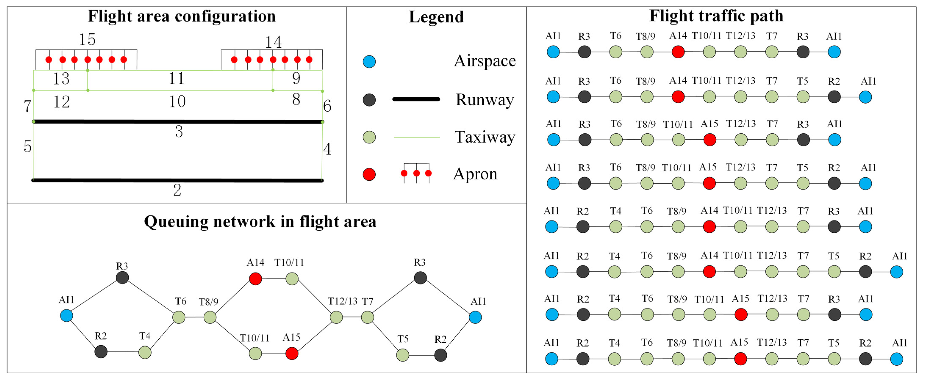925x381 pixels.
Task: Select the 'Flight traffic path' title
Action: click(716, 16)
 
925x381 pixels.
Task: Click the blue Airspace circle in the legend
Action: click(369, 62)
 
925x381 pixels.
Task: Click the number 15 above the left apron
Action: click(87, 40)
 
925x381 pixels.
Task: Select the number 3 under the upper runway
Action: click(179, 132)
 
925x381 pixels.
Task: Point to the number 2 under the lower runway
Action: click(177, 190)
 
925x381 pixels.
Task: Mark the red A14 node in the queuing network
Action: click(255, 279)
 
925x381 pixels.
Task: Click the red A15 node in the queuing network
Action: click(292, 354)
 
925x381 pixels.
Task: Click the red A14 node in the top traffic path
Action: click(678, 52)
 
